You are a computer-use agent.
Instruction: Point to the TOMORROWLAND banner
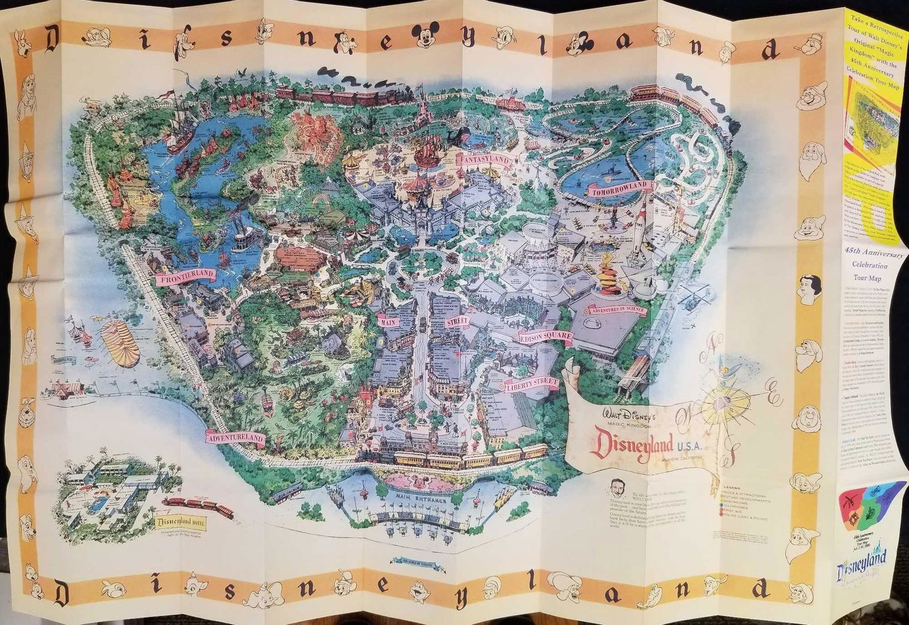pos(618,189)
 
